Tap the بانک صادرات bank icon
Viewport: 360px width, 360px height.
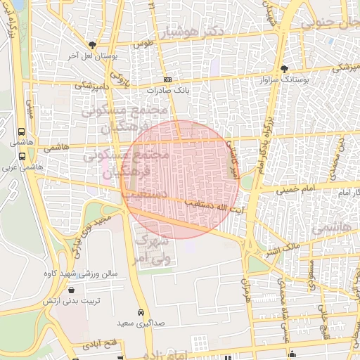tap(167, 80)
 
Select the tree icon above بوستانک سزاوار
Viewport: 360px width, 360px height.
tap(284, 69)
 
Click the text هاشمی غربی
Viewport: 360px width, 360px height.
tap(23, 169)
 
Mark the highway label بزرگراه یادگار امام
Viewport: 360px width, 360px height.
tap(266, 146)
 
